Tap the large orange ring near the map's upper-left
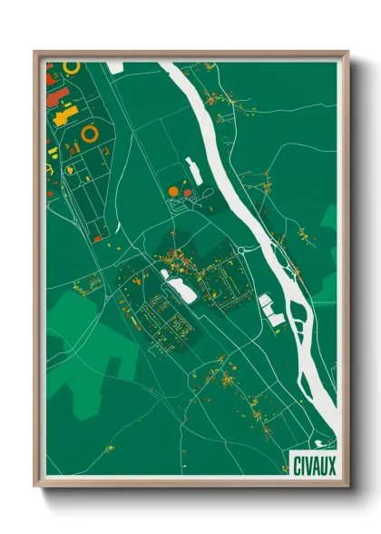point(90,133)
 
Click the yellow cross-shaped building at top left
point(64,116)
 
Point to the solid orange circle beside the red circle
point(173,191)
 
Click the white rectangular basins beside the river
point(271,308)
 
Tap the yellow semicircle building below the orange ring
point(49,168)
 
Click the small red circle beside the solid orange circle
point(188,193)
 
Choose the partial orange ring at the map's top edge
point(72,66)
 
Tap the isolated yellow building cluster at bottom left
point(110,449)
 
